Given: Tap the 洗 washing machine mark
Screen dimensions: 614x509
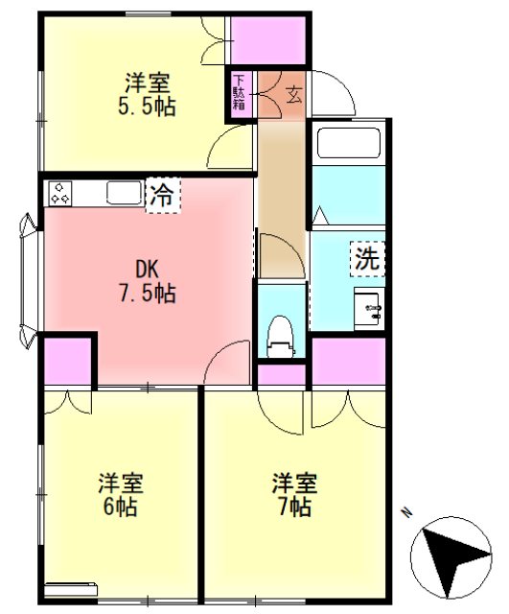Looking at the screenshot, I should (x=366, y=257).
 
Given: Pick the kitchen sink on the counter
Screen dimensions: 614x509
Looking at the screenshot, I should (x=124, y=193).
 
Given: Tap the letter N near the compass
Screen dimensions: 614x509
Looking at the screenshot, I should (x=406, y=513).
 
